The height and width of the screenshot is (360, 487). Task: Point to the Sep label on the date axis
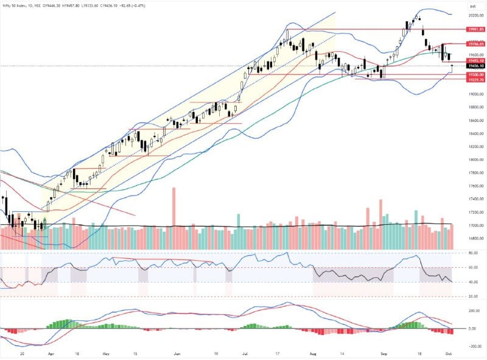pos(384,353)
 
